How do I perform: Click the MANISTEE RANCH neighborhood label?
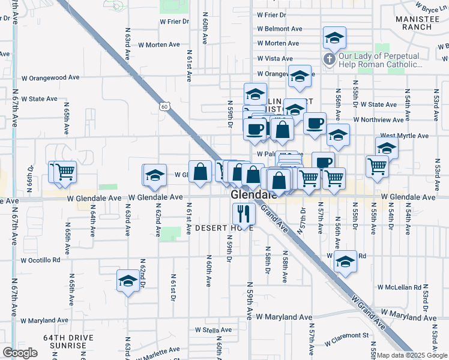coord(423,22)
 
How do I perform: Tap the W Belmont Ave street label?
coord(279,29)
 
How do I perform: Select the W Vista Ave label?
coord(275,59)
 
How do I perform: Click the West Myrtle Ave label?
coord(404,136)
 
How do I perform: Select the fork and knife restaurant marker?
coord(244,213)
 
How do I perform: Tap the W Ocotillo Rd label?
coord(41,260)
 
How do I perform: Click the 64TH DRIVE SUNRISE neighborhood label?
coord(68,342)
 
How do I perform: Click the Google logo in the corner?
coord(20,353)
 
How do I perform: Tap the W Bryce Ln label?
coord(431,7)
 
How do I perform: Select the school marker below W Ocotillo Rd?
coord(128,281)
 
